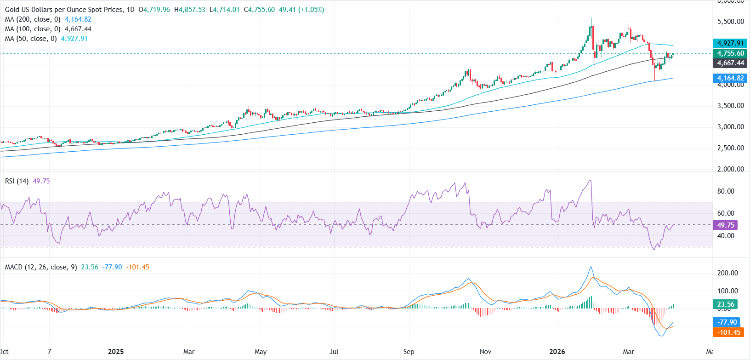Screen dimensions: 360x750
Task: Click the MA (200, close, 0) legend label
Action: click(x=33, y=19)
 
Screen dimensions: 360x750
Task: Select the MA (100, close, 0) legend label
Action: click(x=33, y=29)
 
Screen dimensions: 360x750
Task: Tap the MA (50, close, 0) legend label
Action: click(x=31, y=39)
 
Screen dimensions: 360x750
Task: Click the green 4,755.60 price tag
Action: click(x=730, y=53)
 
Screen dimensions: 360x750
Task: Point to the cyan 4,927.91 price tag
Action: click(x=730, y=43)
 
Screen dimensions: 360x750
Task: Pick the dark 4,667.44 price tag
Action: click(x=730, y=63)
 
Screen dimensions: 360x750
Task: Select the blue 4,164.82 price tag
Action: click(x=730, y=78)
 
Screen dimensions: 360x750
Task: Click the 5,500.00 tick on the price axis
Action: click(x=730, y=22)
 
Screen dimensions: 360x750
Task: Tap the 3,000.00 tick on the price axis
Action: click(x=730, y=127)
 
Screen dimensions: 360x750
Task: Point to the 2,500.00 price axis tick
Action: click(x=730, y=148)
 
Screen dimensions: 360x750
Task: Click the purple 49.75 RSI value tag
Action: click(x=726, y=225)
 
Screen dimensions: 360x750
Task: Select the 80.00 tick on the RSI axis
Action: click(x=726, y=191)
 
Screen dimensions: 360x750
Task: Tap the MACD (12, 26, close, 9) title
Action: click(x=41, y=267)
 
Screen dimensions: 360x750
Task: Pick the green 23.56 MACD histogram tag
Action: click(x=726, y=304)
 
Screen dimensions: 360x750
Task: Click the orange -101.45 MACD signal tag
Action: click(x=729, y=332)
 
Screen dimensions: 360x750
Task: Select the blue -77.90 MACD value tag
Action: click(x=727, y=322)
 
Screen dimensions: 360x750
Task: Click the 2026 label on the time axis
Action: click(x=557, y=352)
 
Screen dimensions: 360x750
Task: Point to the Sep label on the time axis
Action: click(x=409, y=352)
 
